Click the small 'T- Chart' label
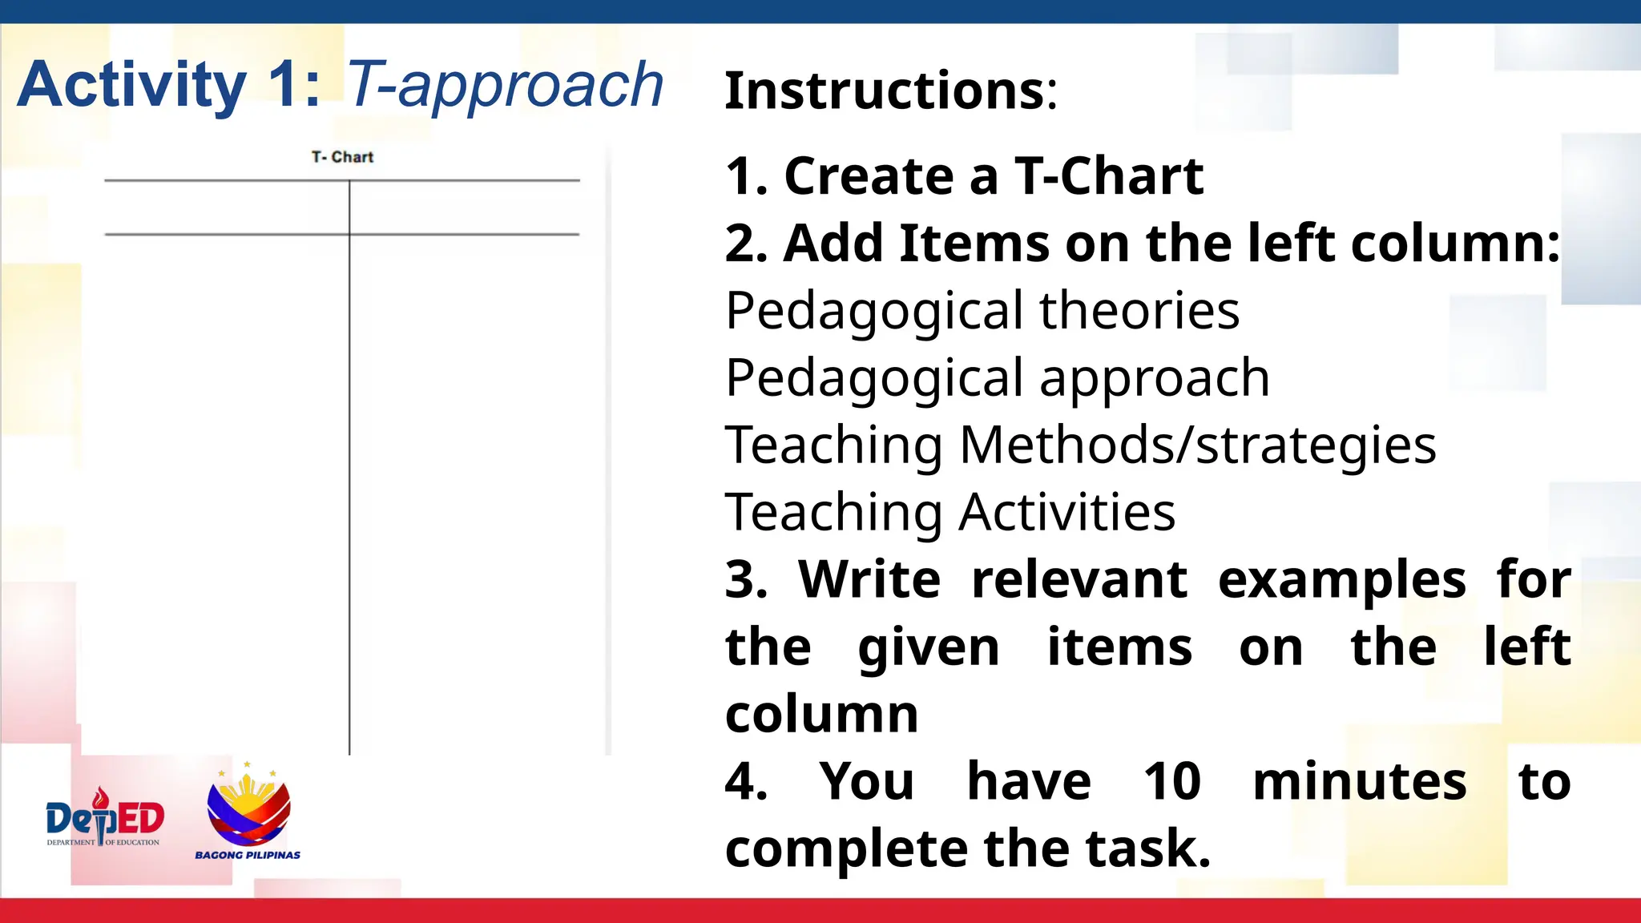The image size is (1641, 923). click(342, 157)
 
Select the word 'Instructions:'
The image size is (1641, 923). click(891, 91)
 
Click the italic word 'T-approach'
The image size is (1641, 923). click(505, 85)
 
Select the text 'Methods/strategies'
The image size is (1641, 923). click(1198, 445)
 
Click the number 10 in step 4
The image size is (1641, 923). click(1171, 781)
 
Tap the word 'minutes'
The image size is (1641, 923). click(1360, 781)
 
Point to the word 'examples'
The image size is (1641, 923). click(1342, 581)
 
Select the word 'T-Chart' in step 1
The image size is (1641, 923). click(1109, 176)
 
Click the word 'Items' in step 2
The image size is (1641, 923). click(974, 244)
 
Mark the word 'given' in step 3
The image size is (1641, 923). click(929, 648)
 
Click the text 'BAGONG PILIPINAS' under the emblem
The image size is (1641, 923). click(248, 855)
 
